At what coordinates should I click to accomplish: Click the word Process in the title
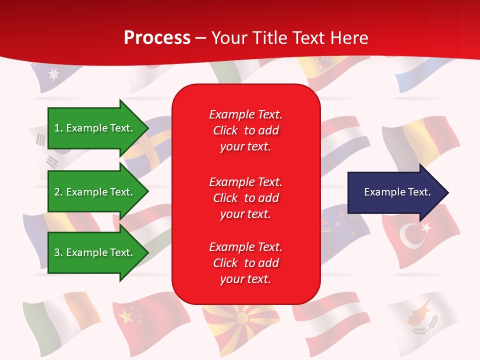[x=157, y=38]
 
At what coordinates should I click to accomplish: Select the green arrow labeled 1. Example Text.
[x=95, y=128]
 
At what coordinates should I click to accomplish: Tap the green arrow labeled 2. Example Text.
[x=95, y=192]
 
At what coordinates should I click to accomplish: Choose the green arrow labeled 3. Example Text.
[x=95, y=252]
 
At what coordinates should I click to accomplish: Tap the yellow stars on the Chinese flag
[x=124, y=316]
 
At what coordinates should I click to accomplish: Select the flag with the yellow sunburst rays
[x=242, y=320]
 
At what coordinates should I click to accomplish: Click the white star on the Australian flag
[x=53, y=74]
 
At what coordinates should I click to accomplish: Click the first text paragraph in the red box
[x=245, y=130]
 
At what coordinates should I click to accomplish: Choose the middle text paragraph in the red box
[x=245, y=198]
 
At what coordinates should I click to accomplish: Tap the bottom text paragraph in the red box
[x=245, y=263]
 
